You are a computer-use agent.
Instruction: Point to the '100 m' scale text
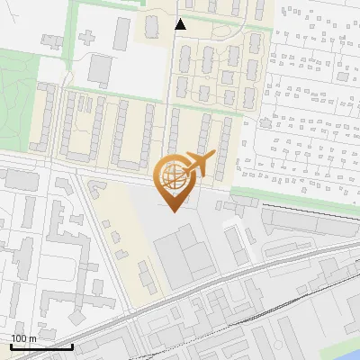pyautogui.click(x=23, y=338)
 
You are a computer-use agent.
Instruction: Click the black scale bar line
pyautogui.click(x=41, y=346)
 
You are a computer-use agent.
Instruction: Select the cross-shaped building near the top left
pyautogui.click(x=89, y=39)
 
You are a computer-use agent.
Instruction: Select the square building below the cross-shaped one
pyautogui.click(x=100, y=67)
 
